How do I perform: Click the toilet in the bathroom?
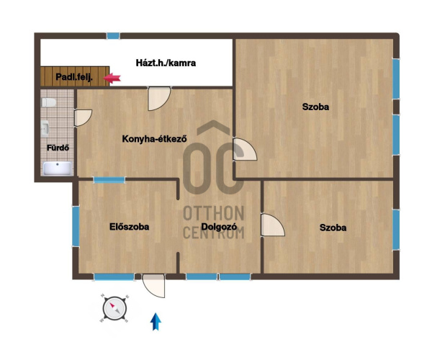pos(49,102)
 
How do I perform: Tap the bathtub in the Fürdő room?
pos(58,168)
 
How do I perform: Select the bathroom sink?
pos(45,128)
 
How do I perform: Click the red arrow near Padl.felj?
pos(112,78)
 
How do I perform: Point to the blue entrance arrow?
pos(156,321)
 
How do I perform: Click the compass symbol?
pos(114,309)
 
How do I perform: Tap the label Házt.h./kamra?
pos(166,63)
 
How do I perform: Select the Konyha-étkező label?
pos(154,139)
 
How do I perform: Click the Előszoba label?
pos(130,227)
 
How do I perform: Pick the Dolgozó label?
pos(219,227)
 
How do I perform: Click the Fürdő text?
pos(58,148)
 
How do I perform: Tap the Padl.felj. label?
pos(74,77)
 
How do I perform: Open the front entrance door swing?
pos(154,285)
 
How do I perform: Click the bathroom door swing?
pos(83,117)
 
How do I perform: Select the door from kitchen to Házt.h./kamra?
pos(159,99)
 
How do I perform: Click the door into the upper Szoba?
pos(245,149)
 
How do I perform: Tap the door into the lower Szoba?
pos(273,225)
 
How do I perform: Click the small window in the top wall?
pos(113,36)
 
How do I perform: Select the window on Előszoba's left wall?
pos(76,226)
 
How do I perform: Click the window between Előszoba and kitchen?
pos(109,180)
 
